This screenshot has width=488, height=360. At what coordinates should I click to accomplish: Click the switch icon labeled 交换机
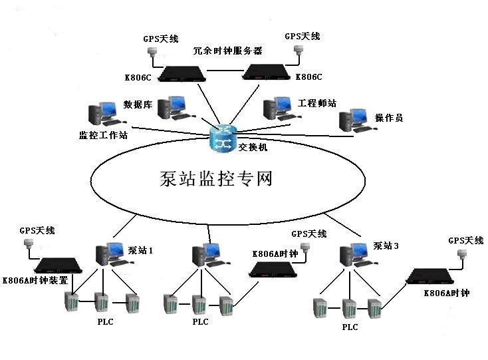pos(221,137)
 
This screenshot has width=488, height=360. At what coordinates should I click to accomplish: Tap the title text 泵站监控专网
pos(217,178)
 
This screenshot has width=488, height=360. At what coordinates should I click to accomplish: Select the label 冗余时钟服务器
pos(227,51)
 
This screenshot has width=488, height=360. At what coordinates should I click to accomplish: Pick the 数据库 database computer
pos(172,107)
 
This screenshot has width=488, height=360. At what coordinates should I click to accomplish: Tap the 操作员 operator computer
pos(354,120)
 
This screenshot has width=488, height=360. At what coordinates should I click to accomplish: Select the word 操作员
pos(389,118)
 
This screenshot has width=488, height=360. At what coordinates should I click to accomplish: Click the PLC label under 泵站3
pos(350,327)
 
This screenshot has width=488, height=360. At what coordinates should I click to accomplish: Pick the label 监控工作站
pos(103,135)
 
